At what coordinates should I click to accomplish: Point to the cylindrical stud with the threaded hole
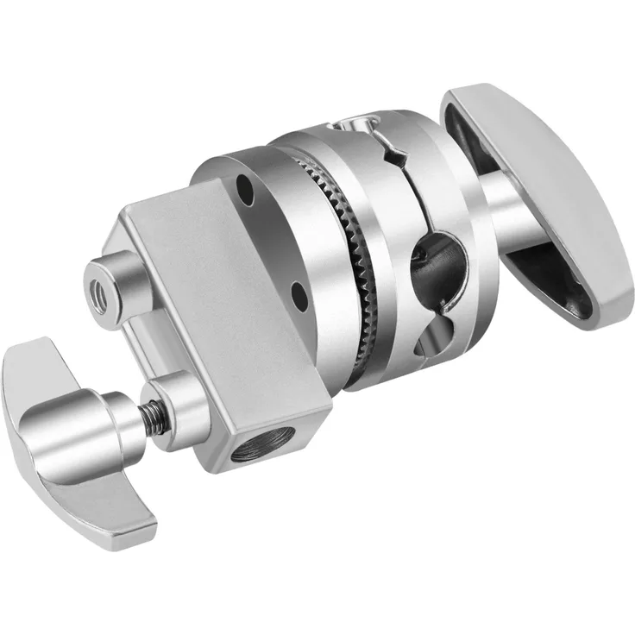tap(112, 280)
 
